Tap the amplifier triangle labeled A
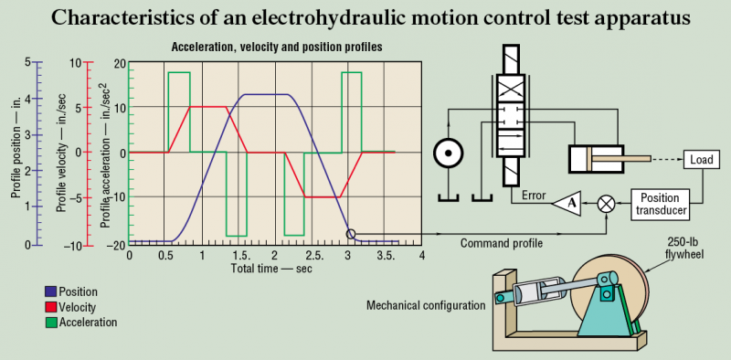566,204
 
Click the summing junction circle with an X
607,204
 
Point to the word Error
534,195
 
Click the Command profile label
501,243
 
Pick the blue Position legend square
51,291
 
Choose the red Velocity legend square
51,307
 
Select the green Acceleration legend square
51,322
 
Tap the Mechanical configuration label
426,306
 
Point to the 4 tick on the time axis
421,256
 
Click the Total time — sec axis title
271,269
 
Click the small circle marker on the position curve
351,234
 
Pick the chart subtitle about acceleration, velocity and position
277,48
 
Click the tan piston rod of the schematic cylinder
621,159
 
